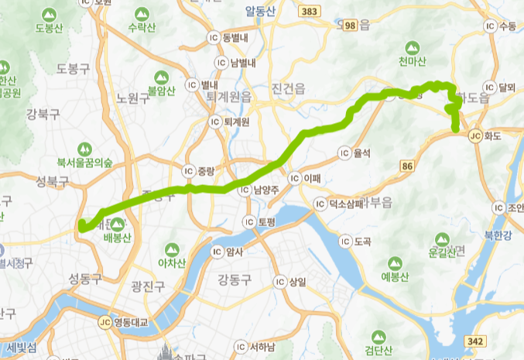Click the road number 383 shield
click(310, 12)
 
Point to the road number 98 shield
click(351, 26)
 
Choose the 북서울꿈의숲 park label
click(84, 163)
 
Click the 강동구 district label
click(235, 279)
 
